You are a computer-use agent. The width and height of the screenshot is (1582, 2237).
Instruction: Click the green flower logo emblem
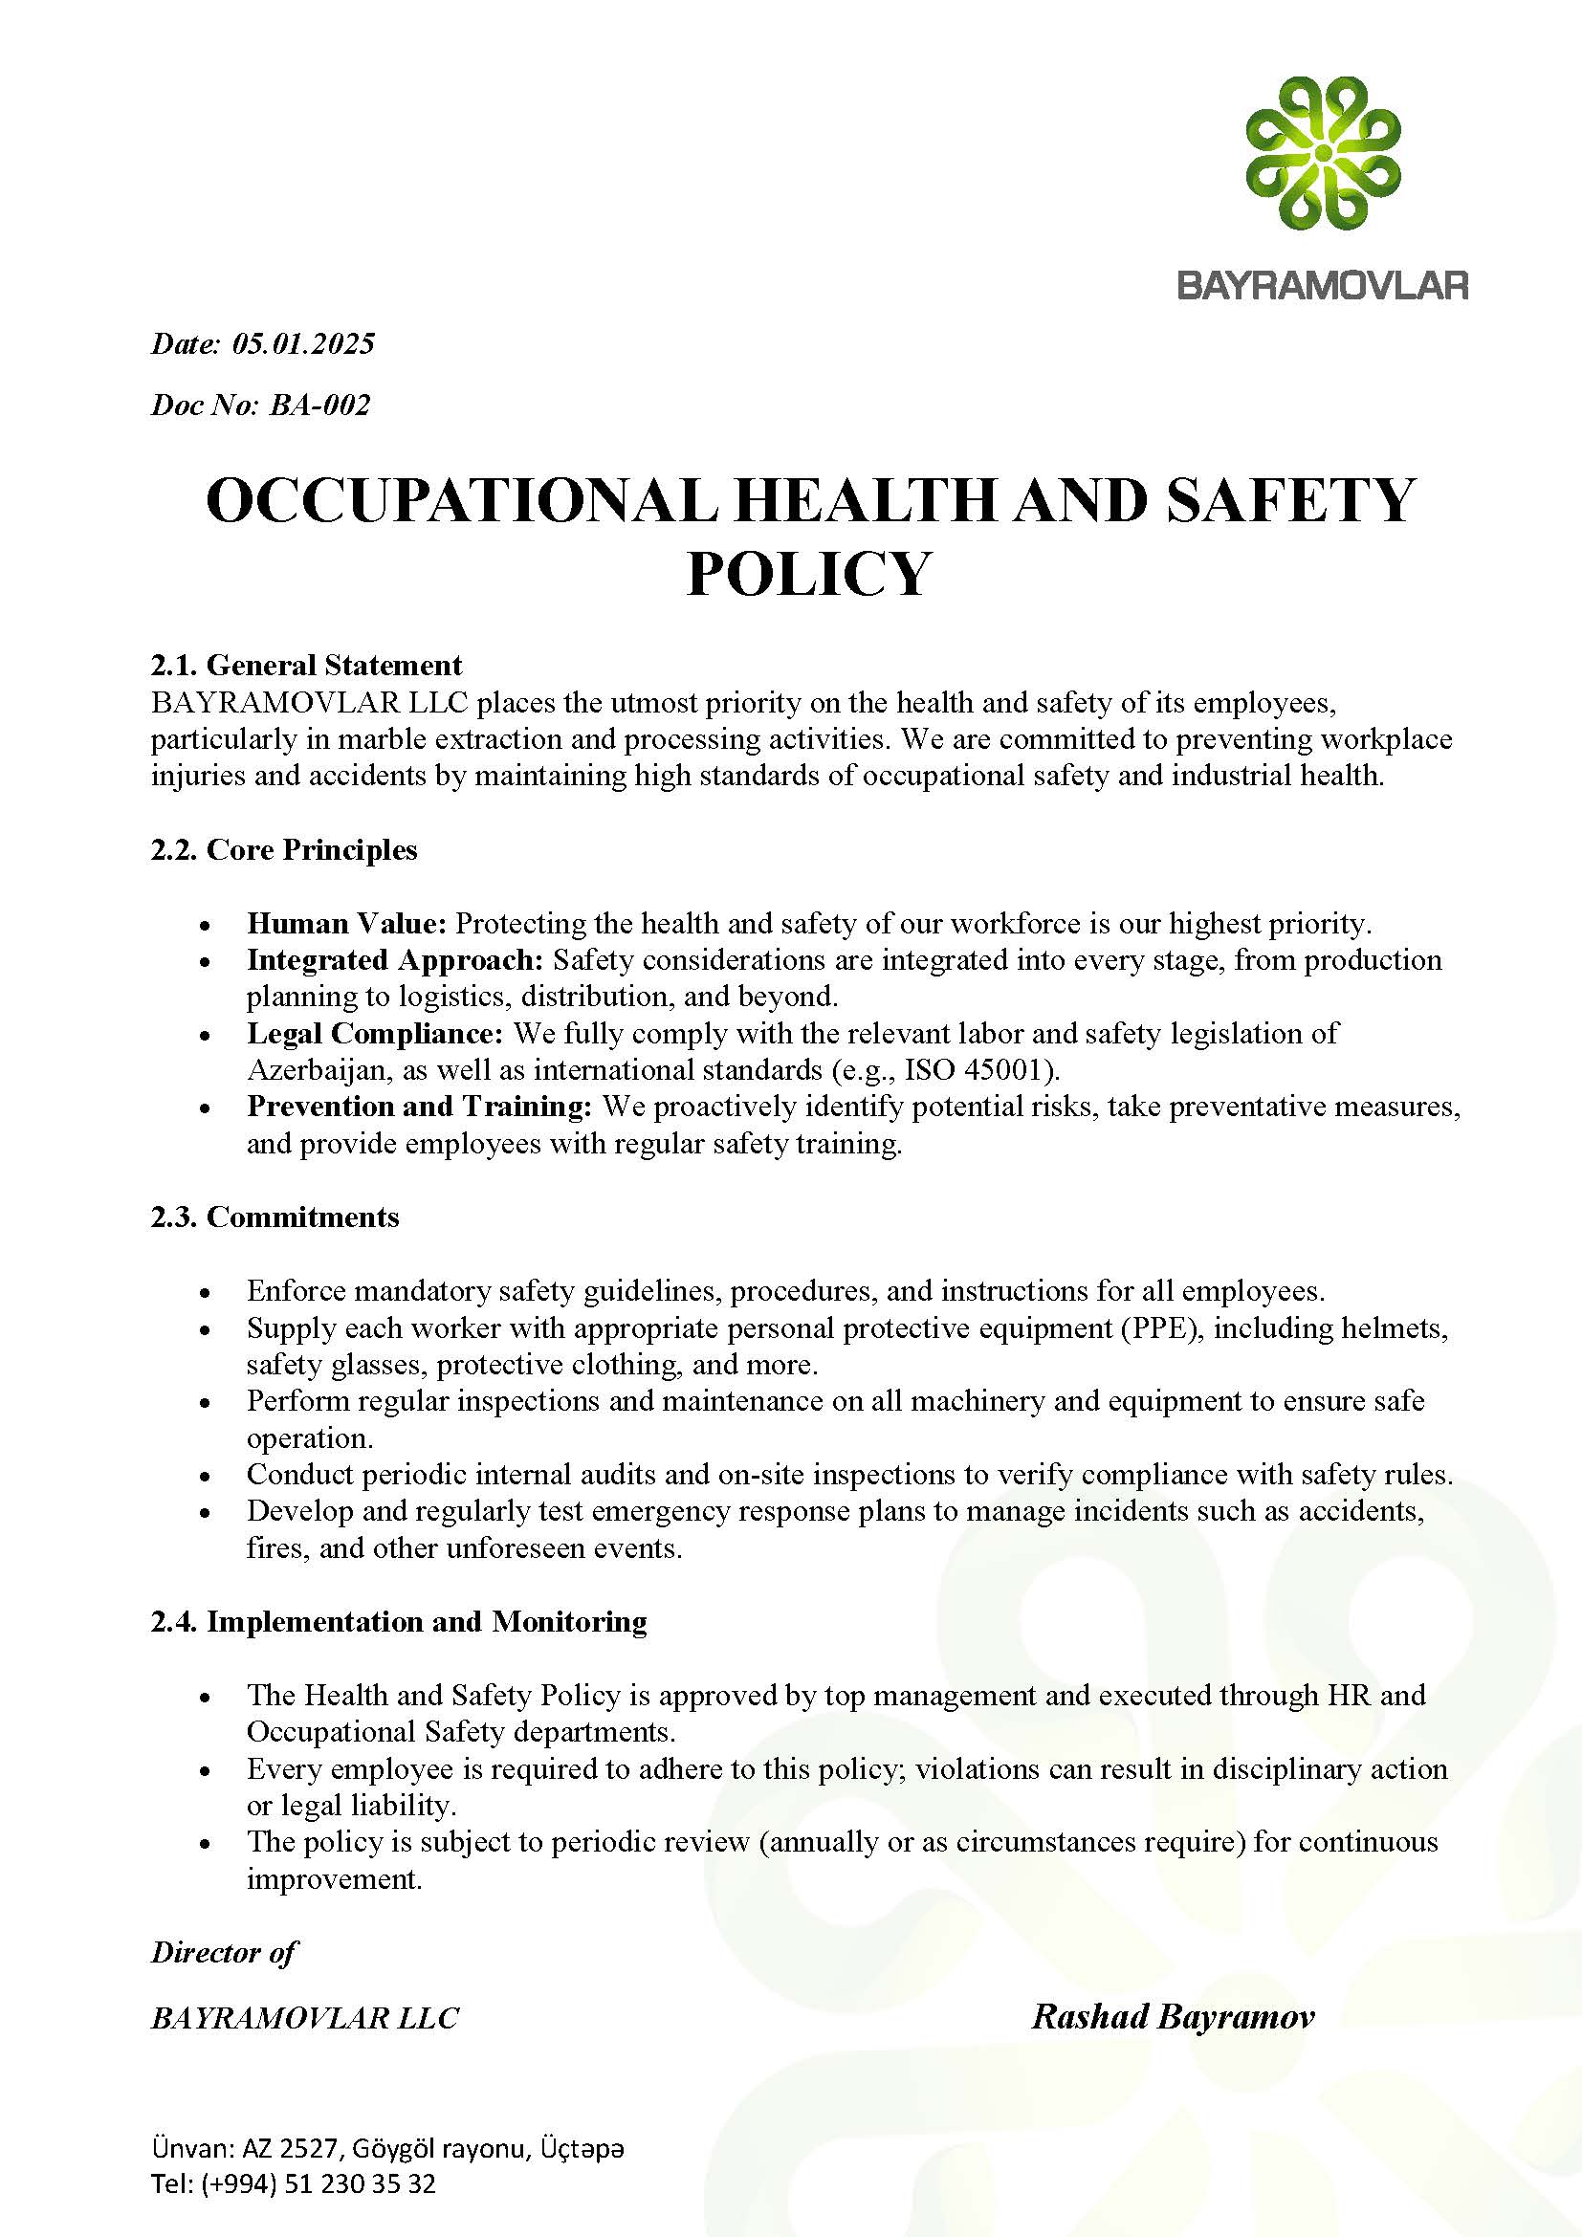(x=1323, y=154)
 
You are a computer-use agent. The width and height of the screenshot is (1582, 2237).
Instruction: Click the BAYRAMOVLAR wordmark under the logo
(x=1323, y=285)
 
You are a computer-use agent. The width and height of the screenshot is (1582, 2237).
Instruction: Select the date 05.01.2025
(x=303, y=344)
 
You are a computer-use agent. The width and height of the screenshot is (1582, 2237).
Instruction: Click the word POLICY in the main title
(x=808, y=573)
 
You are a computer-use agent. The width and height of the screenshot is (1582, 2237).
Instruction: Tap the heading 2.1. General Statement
(x=306, y=666)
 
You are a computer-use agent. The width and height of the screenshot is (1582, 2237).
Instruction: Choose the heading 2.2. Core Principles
(x=283, y=849)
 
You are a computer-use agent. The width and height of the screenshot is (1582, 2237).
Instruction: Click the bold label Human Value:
(x=346, y=923)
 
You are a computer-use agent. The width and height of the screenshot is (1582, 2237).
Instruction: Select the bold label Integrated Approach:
(x=394, y=959)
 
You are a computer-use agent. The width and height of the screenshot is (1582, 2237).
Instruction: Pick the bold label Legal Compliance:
(x=375, y=1033)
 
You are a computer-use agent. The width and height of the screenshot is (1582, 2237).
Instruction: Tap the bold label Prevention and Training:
(x=420, y=1106)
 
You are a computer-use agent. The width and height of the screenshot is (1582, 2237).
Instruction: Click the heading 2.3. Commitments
(x=275, y=1217)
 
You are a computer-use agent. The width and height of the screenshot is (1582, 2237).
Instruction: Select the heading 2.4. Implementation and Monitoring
(x=399, y=1621)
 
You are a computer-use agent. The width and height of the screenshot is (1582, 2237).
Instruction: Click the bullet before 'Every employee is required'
(x=205, y=1770)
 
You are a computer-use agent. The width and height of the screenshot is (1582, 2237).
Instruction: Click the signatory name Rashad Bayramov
(x=1173, y=2016)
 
